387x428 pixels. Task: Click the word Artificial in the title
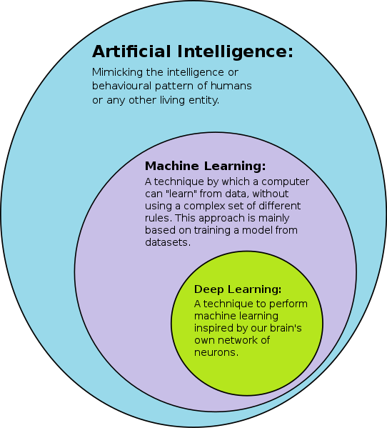pos(131,51)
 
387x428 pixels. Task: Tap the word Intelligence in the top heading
pos(235,52)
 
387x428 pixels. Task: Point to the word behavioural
pos(121,86)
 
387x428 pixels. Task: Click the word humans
pos(231,86)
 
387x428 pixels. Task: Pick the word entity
pos(204,100)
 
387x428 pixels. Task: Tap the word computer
pos(286,182)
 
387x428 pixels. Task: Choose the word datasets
pos(168,242)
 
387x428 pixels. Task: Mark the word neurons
pos(216,352)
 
